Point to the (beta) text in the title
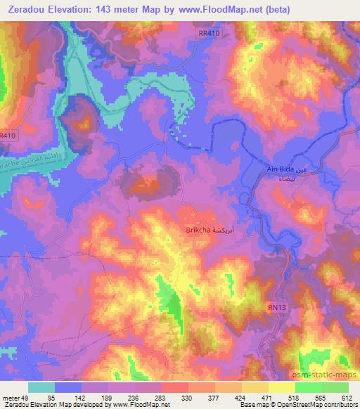(273, 9)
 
